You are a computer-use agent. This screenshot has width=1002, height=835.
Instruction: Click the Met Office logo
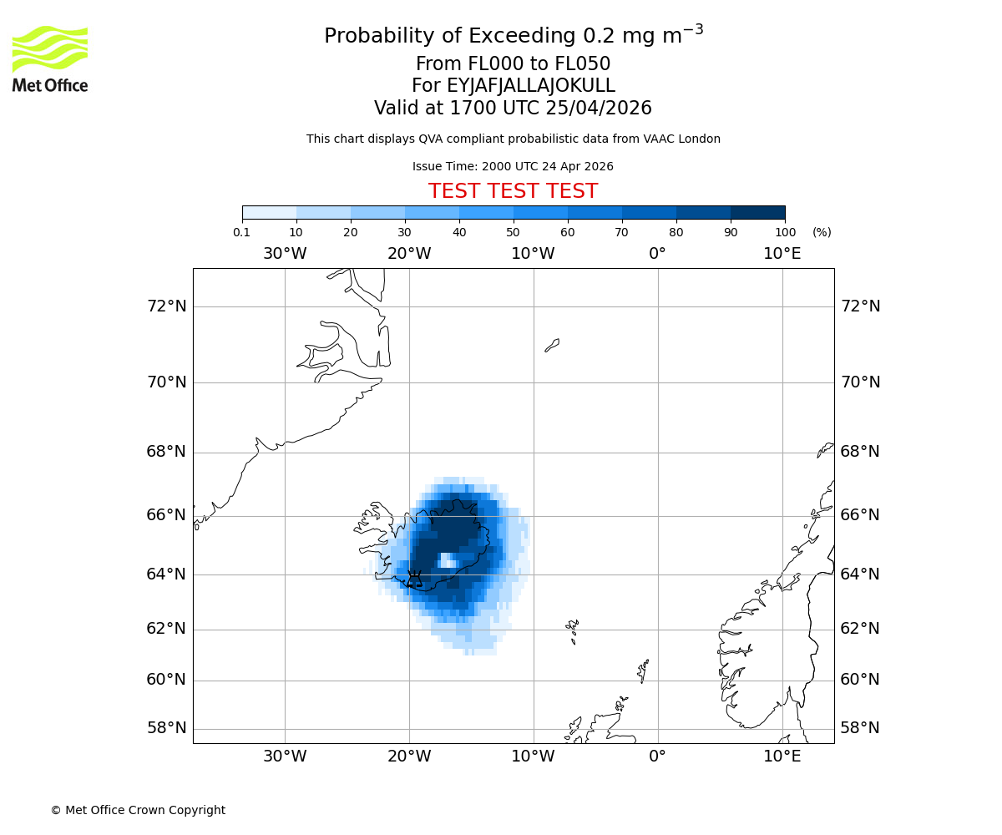50,58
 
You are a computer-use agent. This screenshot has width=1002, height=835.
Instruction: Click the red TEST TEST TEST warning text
513,191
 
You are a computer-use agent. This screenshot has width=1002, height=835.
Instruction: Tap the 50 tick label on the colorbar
513,232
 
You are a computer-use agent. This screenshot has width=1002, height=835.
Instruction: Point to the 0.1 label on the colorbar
242,232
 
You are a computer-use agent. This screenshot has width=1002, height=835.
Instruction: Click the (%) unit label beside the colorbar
822,232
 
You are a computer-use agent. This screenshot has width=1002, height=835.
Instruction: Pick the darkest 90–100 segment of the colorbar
757,212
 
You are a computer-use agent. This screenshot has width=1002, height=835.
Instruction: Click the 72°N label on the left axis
167,306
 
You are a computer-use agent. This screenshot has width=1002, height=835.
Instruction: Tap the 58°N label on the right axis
860,728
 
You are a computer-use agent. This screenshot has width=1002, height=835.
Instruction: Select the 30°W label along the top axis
285,254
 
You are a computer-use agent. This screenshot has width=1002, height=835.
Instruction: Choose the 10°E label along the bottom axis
782,757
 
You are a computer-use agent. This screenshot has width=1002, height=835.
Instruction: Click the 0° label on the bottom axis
658,757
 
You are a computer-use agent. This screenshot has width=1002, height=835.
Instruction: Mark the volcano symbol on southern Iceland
414,578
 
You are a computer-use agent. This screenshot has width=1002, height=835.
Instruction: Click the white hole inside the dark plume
448,560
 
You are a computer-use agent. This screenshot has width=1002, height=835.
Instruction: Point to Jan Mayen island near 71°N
552,345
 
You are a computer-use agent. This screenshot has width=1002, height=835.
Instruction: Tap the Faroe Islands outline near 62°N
573,630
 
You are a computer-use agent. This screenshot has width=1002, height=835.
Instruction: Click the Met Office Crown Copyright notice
138,810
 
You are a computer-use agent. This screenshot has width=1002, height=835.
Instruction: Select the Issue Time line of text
513,166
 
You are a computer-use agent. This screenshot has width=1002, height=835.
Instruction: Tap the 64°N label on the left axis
167,574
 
